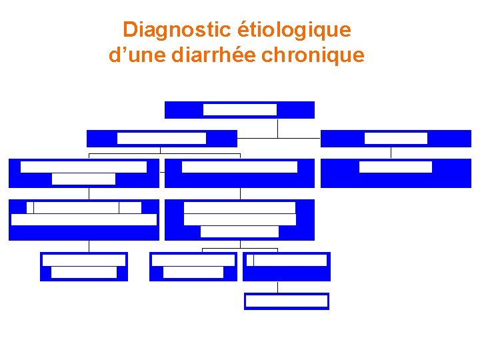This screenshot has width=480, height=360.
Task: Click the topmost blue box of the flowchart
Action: [x=239, y=109]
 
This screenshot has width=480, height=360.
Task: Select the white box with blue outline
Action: [x=287, y=301]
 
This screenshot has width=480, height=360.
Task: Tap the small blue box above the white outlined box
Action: [x=287, y=267]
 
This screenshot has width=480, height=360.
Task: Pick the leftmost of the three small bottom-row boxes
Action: [x=84, y=267]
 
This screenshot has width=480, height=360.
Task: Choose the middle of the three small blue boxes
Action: [x=193, y=267]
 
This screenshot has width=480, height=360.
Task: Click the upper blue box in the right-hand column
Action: [x=396, y=138]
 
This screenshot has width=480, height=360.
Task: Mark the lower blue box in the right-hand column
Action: [x=396, y=173]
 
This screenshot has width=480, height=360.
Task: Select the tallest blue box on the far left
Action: [x=84, y=219]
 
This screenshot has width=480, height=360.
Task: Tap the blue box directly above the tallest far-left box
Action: [x=84, y=173]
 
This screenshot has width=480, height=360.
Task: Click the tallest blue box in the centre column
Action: [x=239, y=219]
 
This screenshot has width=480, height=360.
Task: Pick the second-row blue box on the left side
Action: [x=162, y=138]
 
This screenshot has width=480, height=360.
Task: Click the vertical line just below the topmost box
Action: [x=277, y=127]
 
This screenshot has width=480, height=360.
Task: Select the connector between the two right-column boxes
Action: [x=391, y=153]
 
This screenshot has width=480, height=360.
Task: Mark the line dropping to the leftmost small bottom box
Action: [x=89, y=246]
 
